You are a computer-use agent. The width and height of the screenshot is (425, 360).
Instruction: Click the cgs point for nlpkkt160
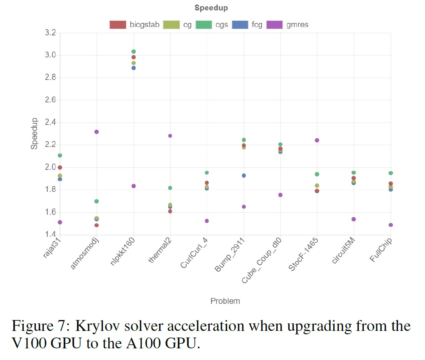pos(133,52)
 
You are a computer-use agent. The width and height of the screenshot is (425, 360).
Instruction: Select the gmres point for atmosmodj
pos(97,132)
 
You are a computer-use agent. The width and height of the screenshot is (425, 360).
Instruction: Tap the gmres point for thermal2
pos(170,136)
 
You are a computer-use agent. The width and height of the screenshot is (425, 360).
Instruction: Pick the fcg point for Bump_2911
pos(244,176)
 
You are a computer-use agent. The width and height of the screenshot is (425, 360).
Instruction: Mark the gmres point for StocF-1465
pos(317,140)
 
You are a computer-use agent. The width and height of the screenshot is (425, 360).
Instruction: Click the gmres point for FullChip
pos(391,225)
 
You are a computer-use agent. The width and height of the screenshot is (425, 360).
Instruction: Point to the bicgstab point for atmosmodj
pos(97,225)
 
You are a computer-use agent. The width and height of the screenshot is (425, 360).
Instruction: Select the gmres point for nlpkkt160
pos(133,186)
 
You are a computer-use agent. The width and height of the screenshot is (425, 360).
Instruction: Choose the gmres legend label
pos(297,25)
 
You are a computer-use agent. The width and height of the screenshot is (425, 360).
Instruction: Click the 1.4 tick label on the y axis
pos(50,235)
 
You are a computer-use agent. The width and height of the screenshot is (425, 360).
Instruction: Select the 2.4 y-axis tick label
pos(50,122)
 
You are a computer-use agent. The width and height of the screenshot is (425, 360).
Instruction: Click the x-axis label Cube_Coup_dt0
pos(262,261)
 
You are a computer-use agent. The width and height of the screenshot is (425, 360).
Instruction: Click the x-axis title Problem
pos(225,301)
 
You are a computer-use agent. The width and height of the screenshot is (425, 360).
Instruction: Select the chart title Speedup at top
pos(211,8)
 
